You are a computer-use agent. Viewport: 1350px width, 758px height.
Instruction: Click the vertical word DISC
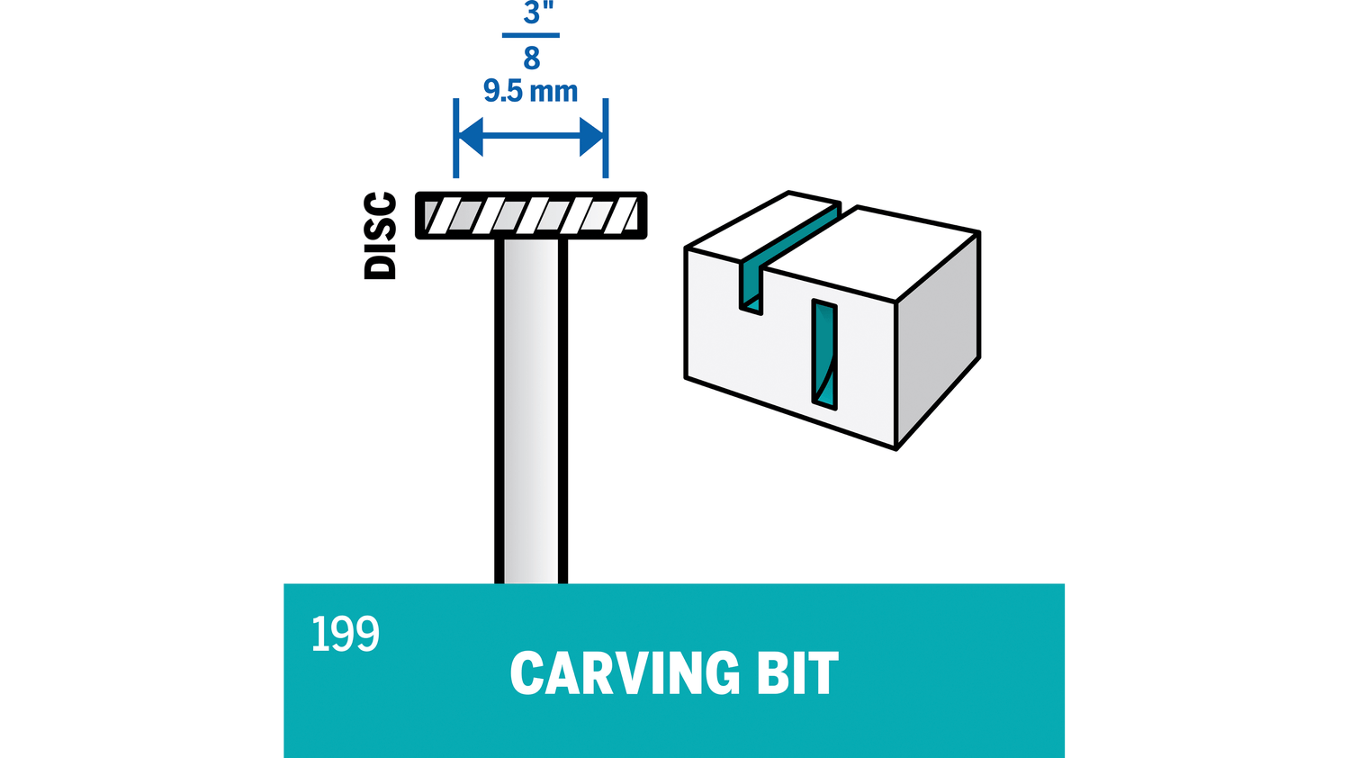pyautogui.click(x=380, y=236)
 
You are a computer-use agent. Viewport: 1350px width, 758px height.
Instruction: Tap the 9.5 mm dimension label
pyautogui.click(x=530, y=91)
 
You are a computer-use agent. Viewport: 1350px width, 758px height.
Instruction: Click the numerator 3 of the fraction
pyautogui.click(x=532, y=14)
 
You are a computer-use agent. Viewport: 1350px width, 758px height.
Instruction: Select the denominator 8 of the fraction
pyautogui.click(x=531, y=59)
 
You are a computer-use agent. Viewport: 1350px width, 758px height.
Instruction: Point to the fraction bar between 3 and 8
pyautogui.click(x=531, y=36)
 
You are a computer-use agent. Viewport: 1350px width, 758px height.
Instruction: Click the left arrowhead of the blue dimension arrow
pyautogui.click(x=471, y=137)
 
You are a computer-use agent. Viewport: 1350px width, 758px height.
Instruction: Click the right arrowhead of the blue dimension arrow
pyautogui.click(x=591, y=137)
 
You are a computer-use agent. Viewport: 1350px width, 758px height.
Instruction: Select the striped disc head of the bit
pyautogui.click(x=531, y=216)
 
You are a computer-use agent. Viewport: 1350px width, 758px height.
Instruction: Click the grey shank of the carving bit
pyautogui.click(x=531, y=405)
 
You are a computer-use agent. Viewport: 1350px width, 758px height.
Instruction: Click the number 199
pyautogui.click(x=346, y=635)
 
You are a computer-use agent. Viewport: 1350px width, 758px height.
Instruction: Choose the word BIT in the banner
pyautogui.click(x=797, y=673)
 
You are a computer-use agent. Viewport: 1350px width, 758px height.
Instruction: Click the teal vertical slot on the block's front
pyautogui.click(x=824, y=355)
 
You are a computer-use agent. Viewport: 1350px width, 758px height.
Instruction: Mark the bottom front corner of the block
pyautogui.click(x=895, y=447)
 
